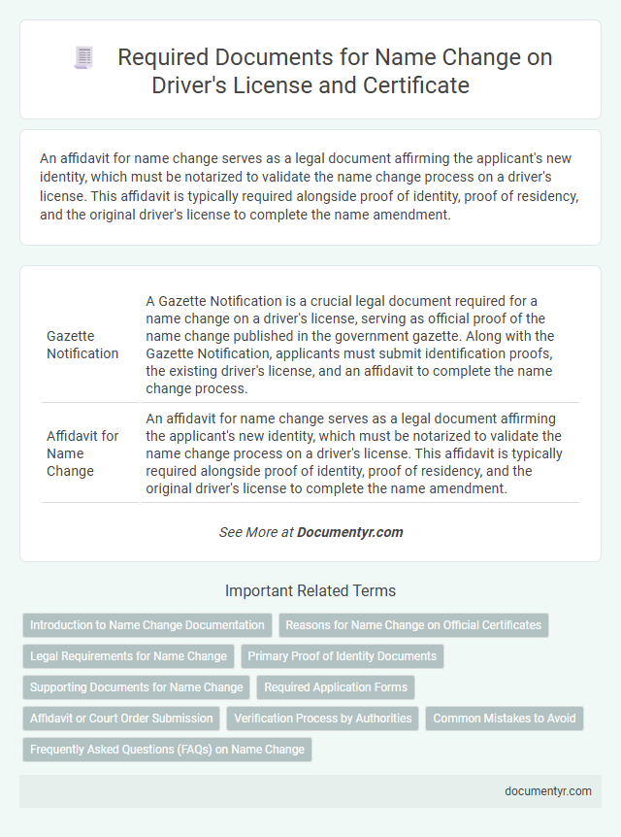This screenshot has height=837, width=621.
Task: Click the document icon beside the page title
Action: [84, 58]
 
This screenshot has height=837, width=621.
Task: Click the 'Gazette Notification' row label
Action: [82, 344]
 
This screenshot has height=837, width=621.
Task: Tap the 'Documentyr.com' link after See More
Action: [349, 532]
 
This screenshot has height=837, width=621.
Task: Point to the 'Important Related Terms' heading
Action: [310, 590]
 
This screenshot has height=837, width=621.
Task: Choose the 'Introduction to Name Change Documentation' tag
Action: [147, 625]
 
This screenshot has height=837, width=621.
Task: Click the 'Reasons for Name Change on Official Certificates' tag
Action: [413, 625]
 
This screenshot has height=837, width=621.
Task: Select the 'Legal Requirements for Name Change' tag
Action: [128, 656]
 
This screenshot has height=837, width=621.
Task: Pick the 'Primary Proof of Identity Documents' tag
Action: [342, 656]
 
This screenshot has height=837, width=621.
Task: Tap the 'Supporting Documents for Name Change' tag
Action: [137, 687]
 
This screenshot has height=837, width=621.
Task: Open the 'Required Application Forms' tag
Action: [335, 687]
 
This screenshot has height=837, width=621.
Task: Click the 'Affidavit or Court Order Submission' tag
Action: [121, 719]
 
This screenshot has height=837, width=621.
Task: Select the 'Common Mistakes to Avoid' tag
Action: [504, 719]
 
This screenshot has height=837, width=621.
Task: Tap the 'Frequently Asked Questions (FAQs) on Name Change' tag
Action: [167, 750]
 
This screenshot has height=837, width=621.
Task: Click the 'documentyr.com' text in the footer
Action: [547, 791]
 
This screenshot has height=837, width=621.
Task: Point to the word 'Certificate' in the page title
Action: [420, 85]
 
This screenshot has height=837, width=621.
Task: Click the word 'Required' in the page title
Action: [160, 58]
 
